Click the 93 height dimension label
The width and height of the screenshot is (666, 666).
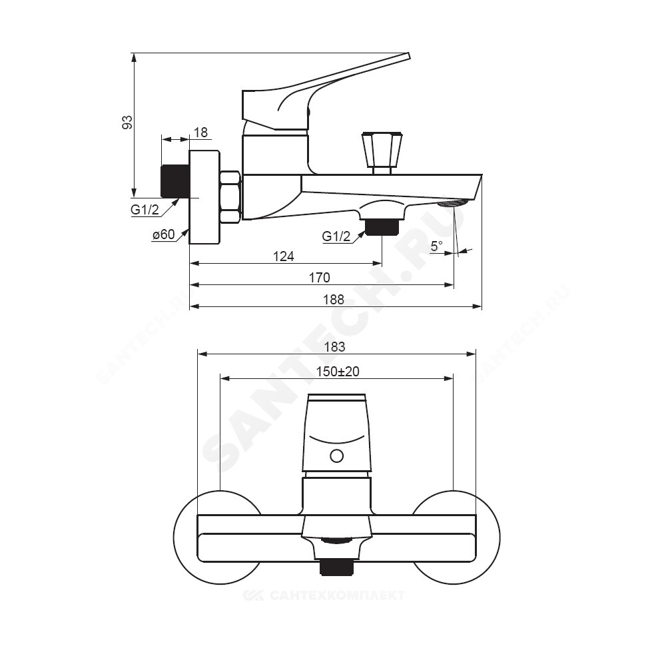point(127,122)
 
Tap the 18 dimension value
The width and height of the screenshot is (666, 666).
point(201,133)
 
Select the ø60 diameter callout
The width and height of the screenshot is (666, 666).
point(164,234)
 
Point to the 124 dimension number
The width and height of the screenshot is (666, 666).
point(283,256)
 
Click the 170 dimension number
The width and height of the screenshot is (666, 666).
point(320,278)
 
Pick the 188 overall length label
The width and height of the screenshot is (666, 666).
point(334,300)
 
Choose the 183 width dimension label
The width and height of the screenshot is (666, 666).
point(335,347)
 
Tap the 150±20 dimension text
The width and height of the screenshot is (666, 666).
point(338,372)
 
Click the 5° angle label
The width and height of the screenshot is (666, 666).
point(437,246)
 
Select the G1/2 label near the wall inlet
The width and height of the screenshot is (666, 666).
point(145,210)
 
